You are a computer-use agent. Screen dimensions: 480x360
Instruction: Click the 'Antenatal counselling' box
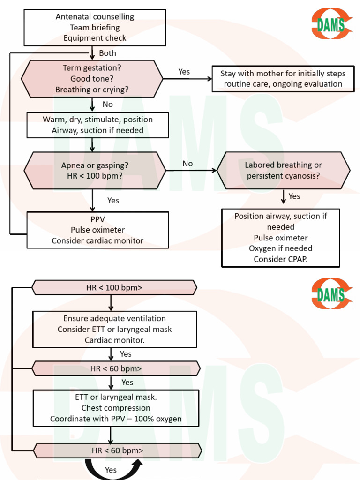95,28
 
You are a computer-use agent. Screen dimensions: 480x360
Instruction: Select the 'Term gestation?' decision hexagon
92,79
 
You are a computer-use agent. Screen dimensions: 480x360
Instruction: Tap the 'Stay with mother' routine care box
283,79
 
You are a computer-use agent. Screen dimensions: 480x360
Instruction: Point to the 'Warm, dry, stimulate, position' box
97,125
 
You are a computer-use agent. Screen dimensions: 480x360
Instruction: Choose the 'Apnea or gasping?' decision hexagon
95,171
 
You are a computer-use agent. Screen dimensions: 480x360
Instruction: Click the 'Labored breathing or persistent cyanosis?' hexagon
283,171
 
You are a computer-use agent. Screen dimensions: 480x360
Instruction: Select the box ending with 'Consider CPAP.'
280,238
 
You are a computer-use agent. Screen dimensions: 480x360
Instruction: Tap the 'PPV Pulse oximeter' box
97,230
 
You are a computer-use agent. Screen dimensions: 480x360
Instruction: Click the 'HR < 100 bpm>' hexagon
114,287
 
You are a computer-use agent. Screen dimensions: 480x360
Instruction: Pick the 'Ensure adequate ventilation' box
114,329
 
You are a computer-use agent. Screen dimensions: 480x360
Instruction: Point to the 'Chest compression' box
116,408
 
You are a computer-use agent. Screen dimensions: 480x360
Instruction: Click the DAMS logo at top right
331,23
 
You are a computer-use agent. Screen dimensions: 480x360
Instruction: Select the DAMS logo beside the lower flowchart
331,294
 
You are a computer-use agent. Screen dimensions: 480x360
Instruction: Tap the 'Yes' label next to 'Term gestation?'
184,72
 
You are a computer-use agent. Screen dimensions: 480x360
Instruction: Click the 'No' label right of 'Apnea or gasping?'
187,164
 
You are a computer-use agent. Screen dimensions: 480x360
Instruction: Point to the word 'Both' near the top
107,53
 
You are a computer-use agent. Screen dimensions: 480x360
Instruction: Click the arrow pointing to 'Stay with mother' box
187,79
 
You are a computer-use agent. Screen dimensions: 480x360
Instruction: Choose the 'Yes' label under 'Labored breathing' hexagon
294,196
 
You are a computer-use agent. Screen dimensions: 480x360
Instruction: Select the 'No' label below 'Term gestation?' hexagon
108,105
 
